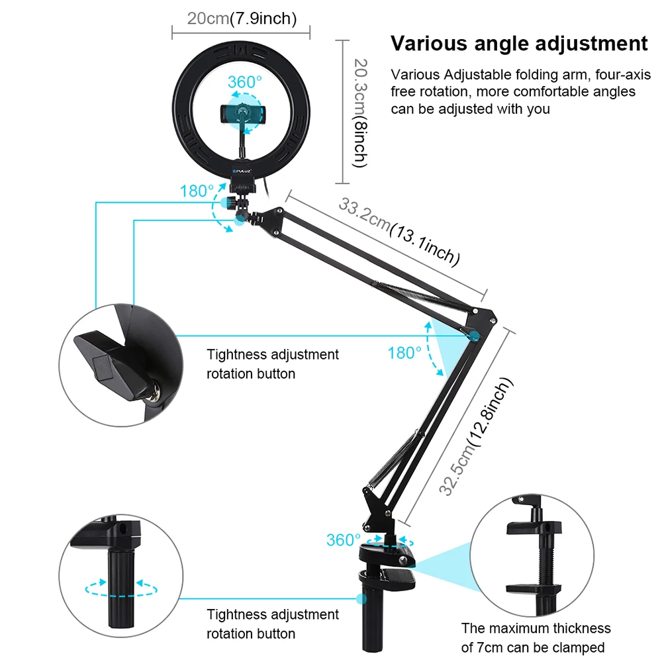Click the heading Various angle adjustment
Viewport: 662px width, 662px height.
[519, 44]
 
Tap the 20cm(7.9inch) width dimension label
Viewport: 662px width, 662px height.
[241, 18]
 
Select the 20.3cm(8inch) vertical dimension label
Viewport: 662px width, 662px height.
[359, 111]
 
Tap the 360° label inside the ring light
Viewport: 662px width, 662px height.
[245, 82]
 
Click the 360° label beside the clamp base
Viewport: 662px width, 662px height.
[344, 540]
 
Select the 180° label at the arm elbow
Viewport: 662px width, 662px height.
[404, 353]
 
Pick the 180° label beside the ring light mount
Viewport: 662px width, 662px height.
[197, 191]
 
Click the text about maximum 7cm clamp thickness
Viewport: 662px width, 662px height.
[536, 638]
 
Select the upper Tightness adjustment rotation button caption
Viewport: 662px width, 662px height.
[273, 364]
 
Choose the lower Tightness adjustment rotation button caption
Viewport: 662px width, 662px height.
[273, 624]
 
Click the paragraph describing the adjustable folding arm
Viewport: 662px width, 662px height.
[513, 91]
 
